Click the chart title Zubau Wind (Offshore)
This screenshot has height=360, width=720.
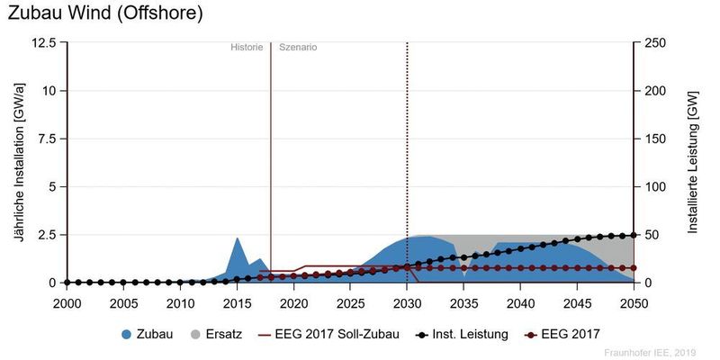[x=105, y=13]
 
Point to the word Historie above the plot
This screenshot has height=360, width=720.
[x=247, y=47]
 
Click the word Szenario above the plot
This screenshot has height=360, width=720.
[x=298, y=47]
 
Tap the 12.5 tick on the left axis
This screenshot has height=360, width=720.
[x=43, y=43]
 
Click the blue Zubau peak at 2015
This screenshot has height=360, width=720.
[x=237, y=239]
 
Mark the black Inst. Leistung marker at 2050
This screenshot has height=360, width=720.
[x=634, y=235]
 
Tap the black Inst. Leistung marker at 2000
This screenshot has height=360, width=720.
[x=67, y=283]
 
